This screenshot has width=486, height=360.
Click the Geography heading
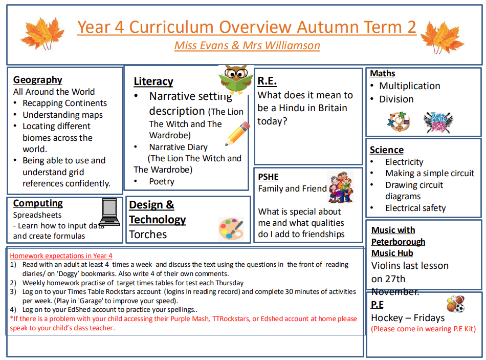[38, 80]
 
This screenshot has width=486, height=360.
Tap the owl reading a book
[236, 79]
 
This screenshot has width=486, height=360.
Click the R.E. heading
[267, 80]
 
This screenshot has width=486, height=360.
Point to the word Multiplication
[409, 86]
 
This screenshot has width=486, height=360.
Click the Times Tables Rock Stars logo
[438, 121]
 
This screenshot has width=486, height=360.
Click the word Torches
[148, 235]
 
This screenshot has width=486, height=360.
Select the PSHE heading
[268, 177]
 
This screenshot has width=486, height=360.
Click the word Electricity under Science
[404, 162]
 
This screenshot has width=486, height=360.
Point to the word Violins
[387, 266]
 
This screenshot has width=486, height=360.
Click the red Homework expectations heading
[61, 256]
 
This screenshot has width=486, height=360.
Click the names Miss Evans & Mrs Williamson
[247, 46]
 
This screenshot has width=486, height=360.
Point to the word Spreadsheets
[37, 215]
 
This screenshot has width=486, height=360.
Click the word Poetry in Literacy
[162, 182]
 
